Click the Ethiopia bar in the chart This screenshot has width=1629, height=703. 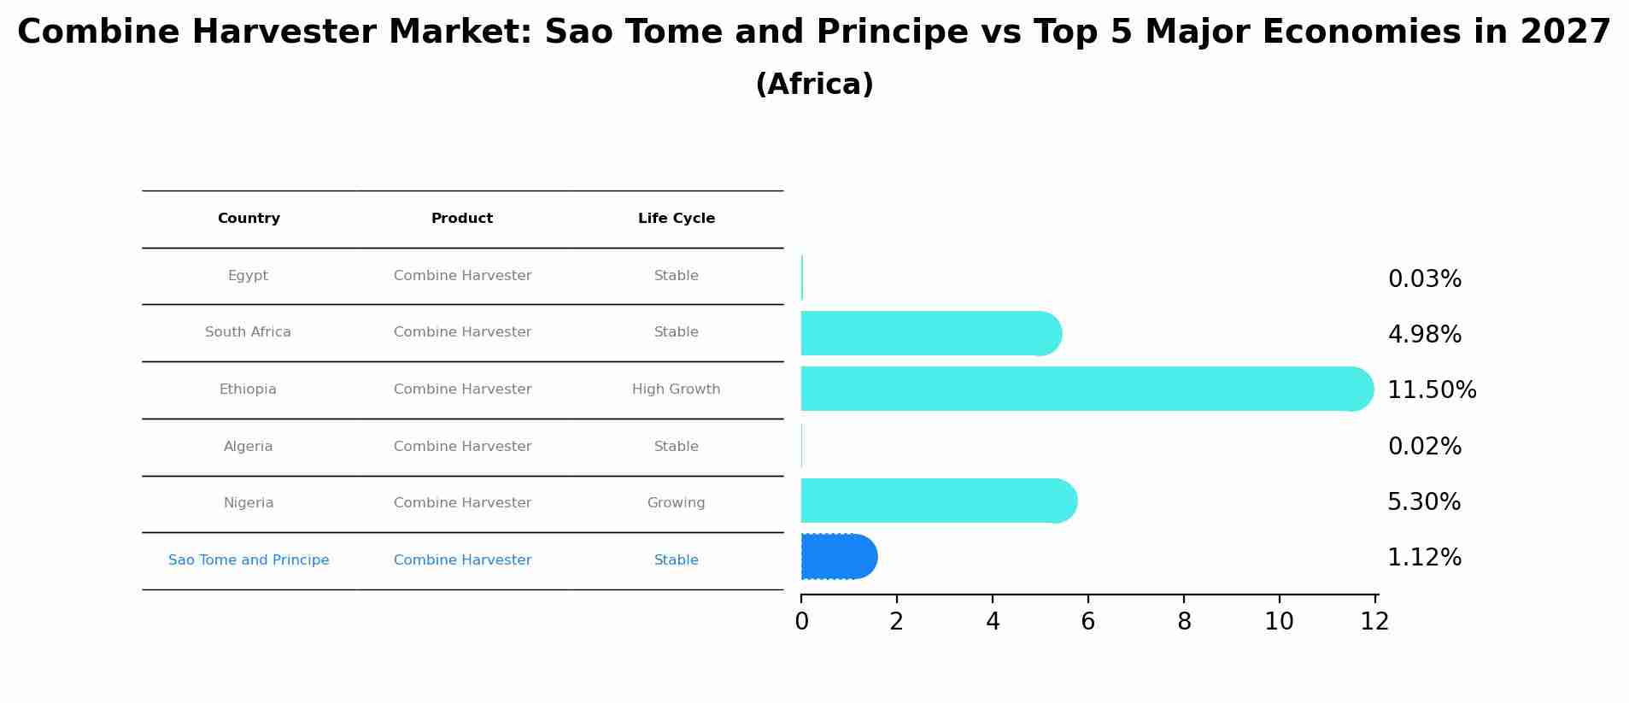(1087, 389)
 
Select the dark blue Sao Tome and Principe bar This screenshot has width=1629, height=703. (839, 556)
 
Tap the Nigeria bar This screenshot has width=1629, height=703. (939, 501)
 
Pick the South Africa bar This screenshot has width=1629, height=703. (931, 333)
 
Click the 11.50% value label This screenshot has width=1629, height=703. (1432, 390)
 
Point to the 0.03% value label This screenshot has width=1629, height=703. (1425, 279)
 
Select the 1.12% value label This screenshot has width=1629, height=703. (1425, 558)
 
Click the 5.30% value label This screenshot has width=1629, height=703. (1424, 502)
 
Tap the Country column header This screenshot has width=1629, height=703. (249, 219)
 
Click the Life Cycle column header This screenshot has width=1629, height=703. (677, 219)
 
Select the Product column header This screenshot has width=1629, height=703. (462, 219)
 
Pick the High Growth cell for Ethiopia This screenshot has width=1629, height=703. (677, 390)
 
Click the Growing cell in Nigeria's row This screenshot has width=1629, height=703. (677, 503)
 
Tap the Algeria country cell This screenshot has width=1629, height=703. (249, 447)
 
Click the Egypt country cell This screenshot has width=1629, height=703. (249, 276)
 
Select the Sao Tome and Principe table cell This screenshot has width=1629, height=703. (249, 560)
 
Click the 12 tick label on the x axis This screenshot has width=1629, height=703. (1375, 622)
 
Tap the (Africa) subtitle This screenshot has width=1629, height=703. (815, 85)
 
